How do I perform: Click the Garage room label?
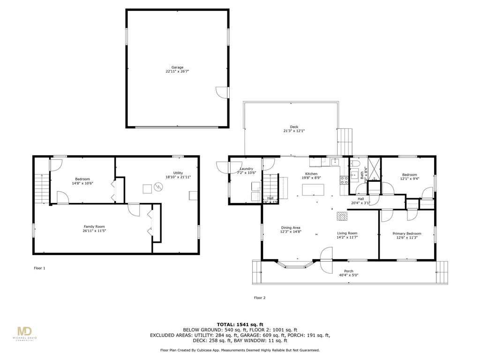pos(177,67)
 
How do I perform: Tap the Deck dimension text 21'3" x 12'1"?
pos(294,131)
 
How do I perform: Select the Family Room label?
pos(94,227)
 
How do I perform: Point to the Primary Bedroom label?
pos(407,233)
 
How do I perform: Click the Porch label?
pos(349,271)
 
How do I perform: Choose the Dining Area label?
pos(291,228)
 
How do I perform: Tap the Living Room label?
pos(347,233)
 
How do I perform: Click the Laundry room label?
pos(247,169)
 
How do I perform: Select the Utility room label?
pos(178,173)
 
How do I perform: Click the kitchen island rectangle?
pos(314,190)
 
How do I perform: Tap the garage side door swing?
pos(221,92)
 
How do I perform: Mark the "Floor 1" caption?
pos(40,268)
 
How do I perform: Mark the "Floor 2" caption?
pos(260,298)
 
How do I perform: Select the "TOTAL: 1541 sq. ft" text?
pos(240,324)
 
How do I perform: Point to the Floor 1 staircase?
pos(41,187)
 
